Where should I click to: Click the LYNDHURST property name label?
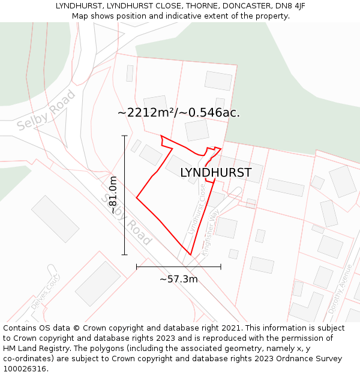215,173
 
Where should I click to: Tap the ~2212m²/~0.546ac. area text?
179,112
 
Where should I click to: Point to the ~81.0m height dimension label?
113,195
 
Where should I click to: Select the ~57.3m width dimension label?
178,279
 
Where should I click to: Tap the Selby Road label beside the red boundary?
126,219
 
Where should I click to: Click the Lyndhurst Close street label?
196,209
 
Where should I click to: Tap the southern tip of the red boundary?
191,255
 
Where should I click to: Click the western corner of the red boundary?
137,197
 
